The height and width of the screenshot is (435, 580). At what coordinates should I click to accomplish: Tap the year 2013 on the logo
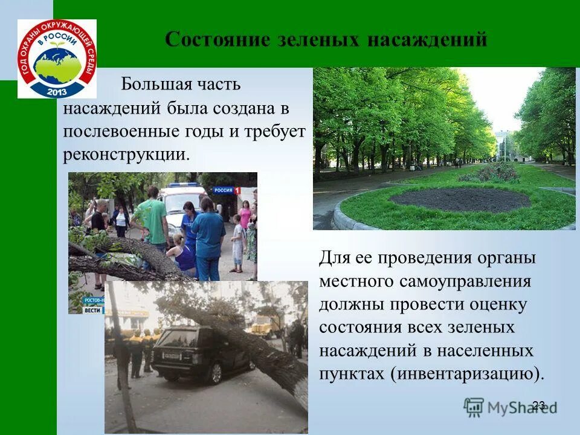(56, 91)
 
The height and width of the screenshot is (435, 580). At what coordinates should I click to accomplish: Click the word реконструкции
(126, 154)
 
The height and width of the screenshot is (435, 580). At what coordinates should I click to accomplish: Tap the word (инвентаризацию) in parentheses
(468, 373)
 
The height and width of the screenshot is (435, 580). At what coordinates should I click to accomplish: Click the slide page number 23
(539, 405)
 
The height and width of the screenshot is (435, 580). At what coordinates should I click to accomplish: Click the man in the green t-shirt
(151, 221)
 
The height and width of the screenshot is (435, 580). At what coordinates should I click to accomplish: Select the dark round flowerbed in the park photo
(459, 199)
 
